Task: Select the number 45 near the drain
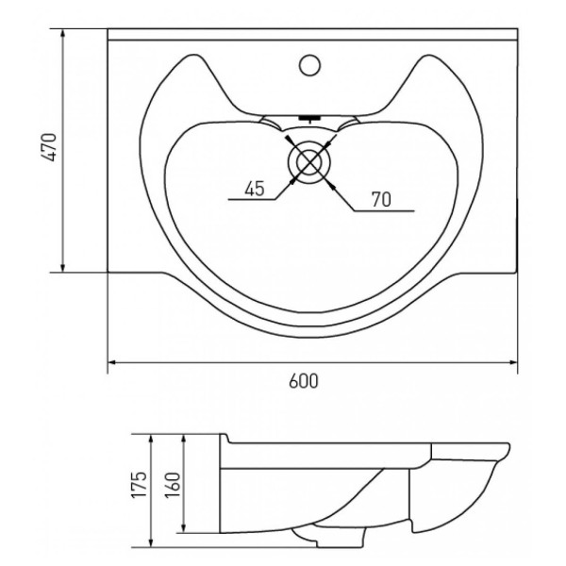tap(254, 188)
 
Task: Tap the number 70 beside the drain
tap(382, 198)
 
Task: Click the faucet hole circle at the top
tap(310, 66)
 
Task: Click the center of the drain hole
tap(308, 162)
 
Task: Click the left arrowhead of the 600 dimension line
tap(111, 361)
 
